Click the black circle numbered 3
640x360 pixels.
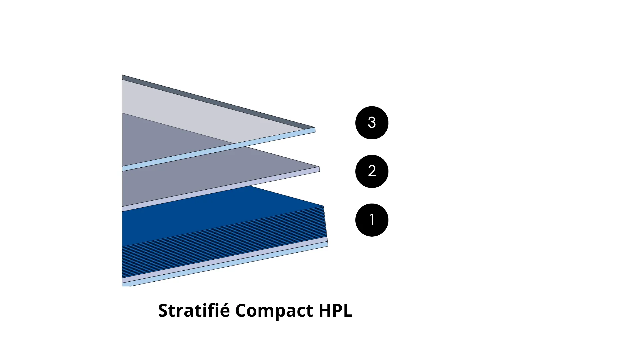point(372,123)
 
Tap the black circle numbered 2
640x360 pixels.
point(372,171)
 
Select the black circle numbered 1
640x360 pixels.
point(372,220)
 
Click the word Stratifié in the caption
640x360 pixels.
point(194,310)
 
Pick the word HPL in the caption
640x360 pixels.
point(336,310)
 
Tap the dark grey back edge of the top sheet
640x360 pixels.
point(218,101)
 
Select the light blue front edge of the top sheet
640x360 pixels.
point(219,149)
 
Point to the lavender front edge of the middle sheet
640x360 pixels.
point(221,189)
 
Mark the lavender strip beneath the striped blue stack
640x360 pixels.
point(225,260)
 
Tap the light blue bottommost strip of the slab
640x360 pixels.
point(225,265)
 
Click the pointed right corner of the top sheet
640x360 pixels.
point(315,128)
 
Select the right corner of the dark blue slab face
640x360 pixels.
point(324,206)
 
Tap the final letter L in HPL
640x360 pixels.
point(348,310)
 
